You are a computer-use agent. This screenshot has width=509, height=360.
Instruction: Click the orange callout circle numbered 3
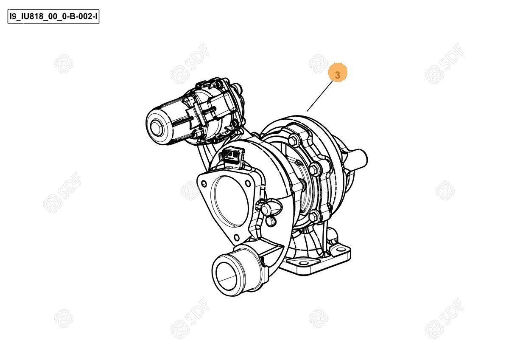tap(338, 72)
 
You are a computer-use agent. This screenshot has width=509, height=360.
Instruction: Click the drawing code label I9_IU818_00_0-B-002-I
tap(53, 17)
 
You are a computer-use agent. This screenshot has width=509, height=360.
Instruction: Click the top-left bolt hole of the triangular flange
tap(204, 183)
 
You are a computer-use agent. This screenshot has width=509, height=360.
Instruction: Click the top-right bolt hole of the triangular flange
tap(248, 183)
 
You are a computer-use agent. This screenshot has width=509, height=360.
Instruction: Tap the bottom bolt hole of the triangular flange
tap(237, 238)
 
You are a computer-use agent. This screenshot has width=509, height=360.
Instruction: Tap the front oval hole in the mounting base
tap(303, 263)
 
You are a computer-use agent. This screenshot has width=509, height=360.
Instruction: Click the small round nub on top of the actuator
tap(238, 87)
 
